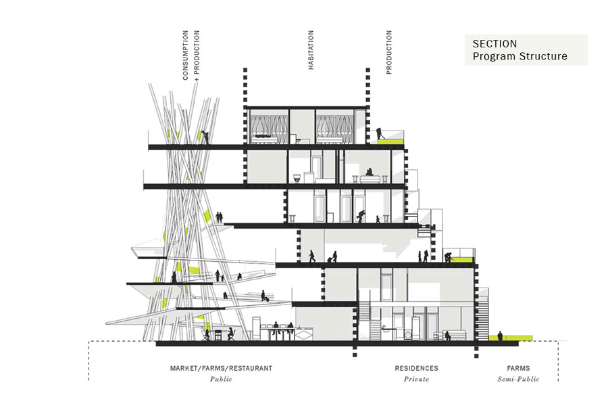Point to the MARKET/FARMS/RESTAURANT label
click(221, 369)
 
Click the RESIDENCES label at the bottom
click(416, 369)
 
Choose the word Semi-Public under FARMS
click(522, 380)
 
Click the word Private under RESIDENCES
click(416, 380)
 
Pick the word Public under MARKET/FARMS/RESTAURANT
click(221, 380)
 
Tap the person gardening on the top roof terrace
click(380, 133)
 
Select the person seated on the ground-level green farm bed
click(500, 335)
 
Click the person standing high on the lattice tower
click(205, 137)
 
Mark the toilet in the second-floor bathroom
click(297, 177)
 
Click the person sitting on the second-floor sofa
click(369, 174)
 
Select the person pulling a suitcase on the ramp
click(265, 296)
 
